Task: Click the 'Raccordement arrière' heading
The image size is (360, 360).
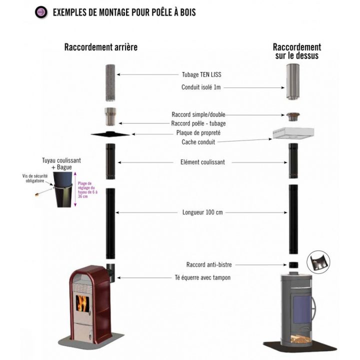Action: [100, 47]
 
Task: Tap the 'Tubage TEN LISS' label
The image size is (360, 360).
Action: [201, 74]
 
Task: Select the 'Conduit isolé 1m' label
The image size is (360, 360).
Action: [201, 87]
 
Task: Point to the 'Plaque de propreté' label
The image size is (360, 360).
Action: [198, 132]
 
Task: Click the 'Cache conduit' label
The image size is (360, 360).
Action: [198, 142]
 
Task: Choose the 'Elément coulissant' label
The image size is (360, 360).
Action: [202, 162]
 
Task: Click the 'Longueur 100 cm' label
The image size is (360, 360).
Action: [202, 212]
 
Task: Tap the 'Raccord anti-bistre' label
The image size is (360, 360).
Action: [205, 264]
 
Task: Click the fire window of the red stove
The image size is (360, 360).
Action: [80, 302]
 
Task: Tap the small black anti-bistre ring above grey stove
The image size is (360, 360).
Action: [293, 265]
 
